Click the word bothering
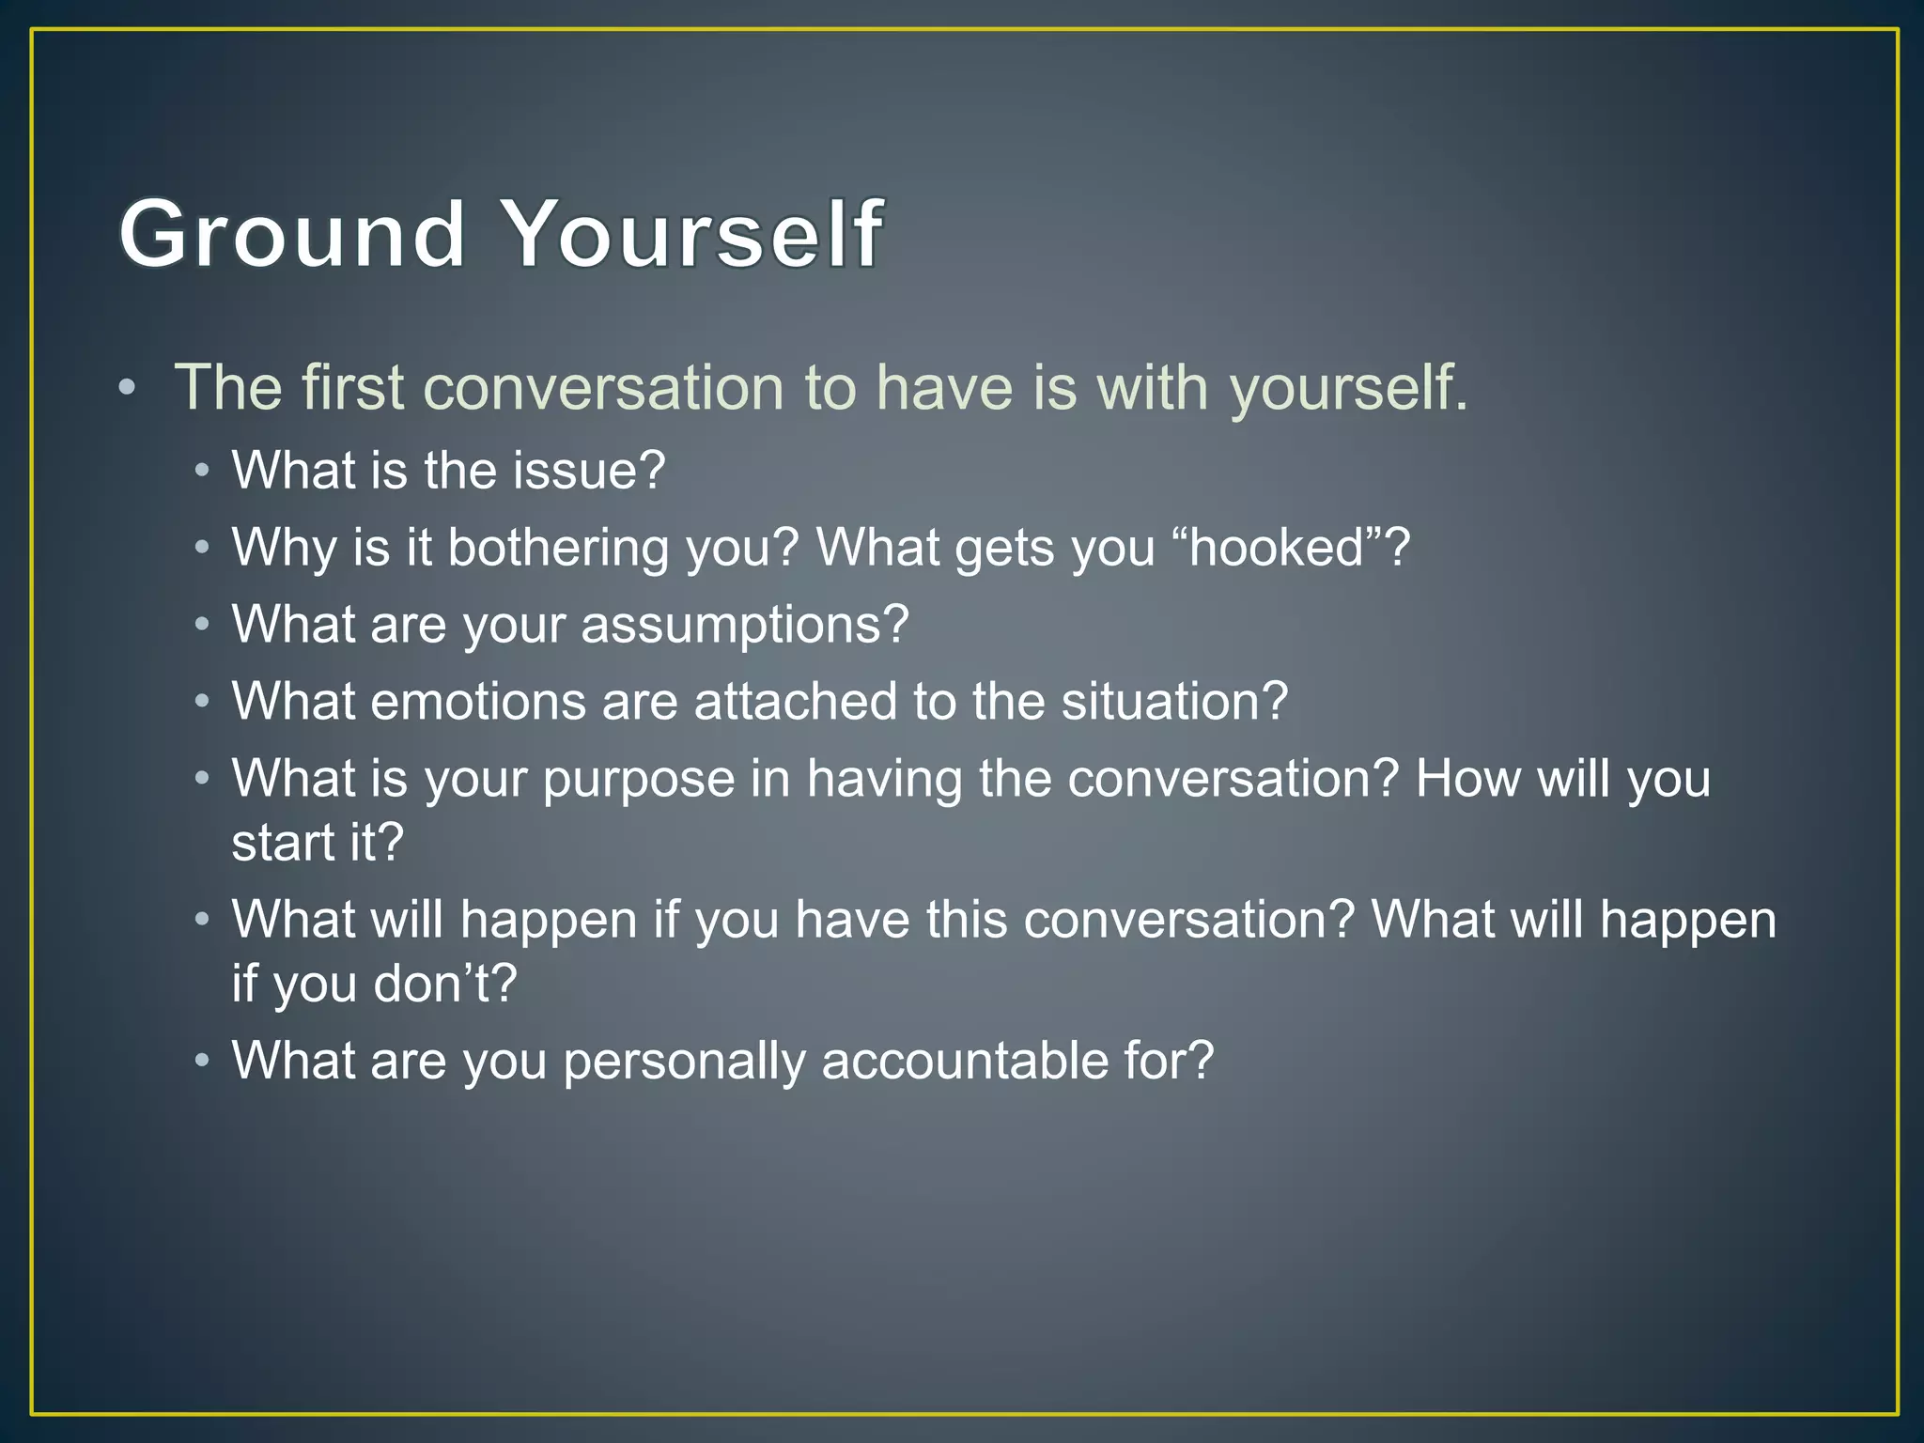558,547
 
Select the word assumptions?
745,625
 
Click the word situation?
1174,702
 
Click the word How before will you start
1466,779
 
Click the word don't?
444,984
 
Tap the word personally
684,1061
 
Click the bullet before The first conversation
127,387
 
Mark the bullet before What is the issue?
202,470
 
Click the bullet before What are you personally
202,1061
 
